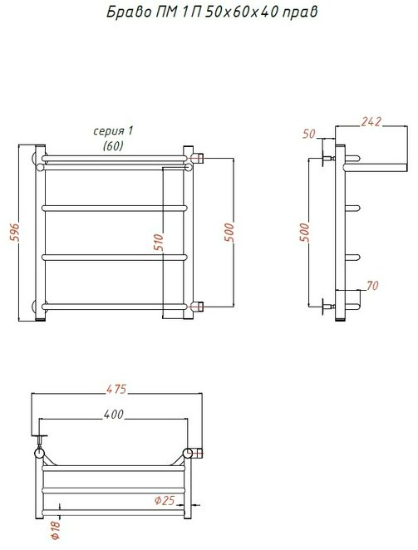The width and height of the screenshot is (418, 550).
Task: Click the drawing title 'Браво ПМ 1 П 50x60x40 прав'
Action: (x=212, y=12)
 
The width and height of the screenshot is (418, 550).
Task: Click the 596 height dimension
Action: (x=14, y=232)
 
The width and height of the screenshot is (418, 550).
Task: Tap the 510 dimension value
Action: (x=159, y=242)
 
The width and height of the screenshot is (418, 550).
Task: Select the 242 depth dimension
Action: (x=371, y=121)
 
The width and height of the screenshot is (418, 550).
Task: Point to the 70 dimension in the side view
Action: (x=372, y=286)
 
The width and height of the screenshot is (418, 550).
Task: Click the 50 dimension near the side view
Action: (x=309, y=134)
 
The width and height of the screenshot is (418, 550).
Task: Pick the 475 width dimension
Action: (x=116, y=390)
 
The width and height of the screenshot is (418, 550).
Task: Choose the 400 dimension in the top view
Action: (x=114, y=415)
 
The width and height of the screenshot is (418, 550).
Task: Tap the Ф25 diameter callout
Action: (x=165, y=500)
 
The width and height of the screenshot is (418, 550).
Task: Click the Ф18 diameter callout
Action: (x=56, y=530)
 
